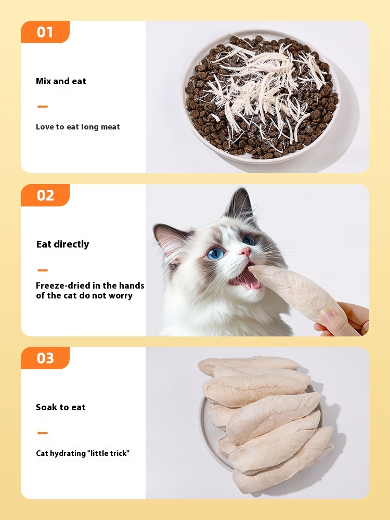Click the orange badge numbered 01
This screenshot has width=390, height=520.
click(x=45, y=32)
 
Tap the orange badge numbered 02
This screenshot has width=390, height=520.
click(x=45, y=195)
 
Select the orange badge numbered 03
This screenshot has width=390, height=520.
click(x=45, y=358)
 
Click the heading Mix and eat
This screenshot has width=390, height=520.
click(x=61, y=81)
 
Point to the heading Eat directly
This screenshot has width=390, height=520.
click(x=63, y=244)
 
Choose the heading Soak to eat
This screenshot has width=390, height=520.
click(x=61, y=407)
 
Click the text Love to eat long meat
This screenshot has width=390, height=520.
click(x=78, y=127)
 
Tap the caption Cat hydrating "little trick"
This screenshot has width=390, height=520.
click(x=83, y=453)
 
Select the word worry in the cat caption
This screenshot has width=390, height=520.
click(x=121, y=296)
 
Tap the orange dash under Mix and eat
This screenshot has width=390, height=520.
click(x=43, y=107)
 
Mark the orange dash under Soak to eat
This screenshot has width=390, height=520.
click(x=43, y=433)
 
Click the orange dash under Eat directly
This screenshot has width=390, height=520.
click(x=43, y=270)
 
